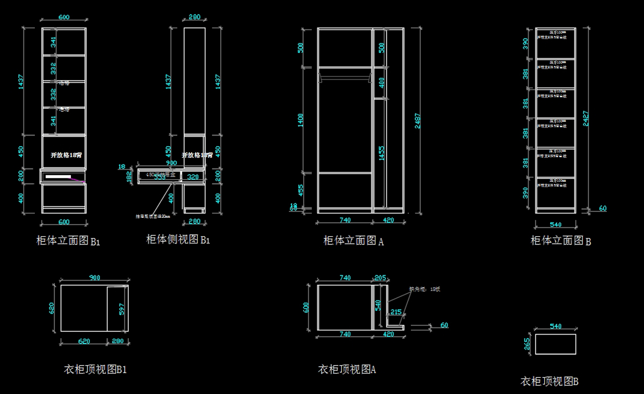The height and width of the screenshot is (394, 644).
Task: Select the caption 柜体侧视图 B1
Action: (178, 239)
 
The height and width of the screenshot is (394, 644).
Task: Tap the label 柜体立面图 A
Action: (353, 241)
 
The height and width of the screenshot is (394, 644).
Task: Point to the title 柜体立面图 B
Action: (561, 241)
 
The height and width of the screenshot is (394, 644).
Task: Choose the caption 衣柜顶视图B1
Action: (96, 369)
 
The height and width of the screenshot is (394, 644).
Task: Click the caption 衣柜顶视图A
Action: (347, 369)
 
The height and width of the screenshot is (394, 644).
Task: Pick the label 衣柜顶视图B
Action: (550, 382)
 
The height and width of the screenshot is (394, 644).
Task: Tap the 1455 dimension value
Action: (381, 153)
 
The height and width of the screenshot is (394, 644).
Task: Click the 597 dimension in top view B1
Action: (122, 309)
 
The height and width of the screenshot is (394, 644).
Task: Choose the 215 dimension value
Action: (396, 312)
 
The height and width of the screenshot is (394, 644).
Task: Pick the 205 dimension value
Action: (380, 278)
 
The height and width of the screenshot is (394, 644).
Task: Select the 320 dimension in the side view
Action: (193, 177)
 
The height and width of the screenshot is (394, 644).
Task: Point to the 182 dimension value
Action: (129, 177)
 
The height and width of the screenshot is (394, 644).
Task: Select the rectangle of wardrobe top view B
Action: (555, 344)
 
